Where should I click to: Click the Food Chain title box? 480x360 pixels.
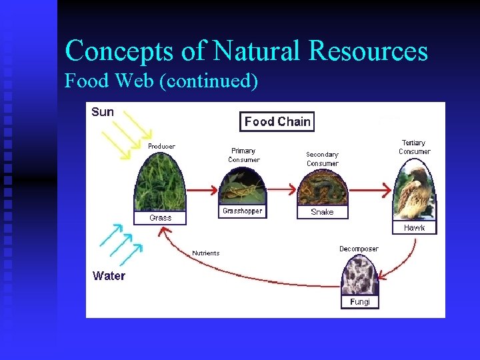click(x=277, y=121)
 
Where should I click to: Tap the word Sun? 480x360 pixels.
click(x=103, y=112)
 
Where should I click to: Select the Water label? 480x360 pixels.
click(x=109, y=275)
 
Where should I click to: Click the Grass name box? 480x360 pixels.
click(x=160, y=217)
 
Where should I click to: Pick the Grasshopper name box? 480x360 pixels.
click(x=242, y=211)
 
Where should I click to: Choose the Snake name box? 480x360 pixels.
click(x=322, y=211)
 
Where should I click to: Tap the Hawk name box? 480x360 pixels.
click(x=414, y=227)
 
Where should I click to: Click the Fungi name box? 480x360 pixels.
click(x=359, y=301)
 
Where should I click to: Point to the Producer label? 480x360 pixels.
click(x=161, y=146)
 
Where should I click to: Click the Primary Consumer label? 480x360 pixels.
click(x=243, y=155)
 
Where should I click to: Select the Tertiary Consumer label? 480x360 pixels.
click(x=414, y=147)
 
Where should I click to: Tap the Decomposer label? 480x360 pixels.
click(x=359, y=249)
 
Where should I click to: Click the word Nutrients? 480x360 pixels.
click(x=205, y=253)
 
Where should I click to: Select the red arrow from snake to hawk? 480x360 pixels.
click(x=369, y=190)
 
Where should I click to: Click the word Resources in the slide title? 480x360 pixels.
click(x=363, y=51)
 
